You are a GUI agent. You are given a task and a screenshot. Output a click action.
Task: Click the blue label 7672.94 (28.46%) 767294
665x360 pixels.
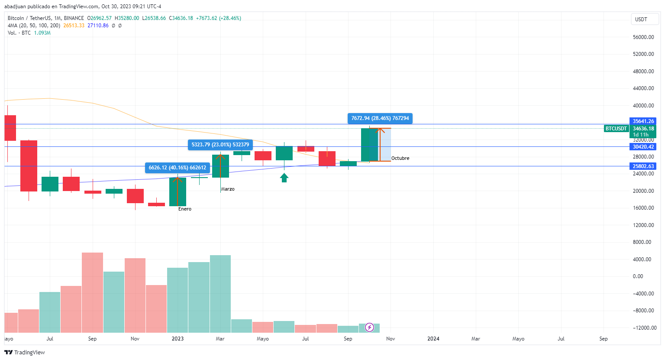pos(380,118)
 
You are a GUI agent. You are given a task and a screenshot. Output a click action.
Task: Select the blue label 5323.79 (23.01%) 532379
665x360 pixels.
pos(220,145)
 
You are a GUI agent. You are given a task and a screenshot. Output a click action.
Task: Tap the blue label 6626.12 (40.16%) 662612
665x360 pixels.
pos(177,168)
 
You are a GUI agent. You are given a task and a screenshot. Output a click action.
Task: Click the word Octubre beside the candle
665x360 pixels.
pos(400,159)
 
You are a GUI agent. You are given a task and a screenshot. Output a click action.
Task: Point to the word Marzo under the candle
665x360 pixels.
pos(228,189)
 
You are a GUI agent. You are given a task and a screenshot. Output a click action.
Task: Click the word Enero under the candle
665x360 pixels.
pos(185,209)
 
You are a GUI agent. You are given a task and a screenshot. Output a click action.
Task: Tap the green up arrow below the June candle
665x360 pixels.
pos(284,178)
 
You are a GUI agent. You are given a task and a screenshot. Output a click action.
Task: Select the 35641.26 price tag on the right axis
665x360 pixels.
pos(643,121)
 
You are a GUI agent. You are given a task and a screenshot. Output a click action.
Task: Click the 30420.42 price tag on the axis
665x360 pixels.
pos(643,147)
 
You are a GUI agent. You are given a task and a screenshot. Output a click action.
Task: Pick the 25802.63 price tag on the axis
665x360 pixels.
pos(643,166)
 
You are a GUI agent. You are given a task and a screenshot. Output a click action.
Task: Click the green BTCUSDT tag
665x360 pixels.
pos(616,129)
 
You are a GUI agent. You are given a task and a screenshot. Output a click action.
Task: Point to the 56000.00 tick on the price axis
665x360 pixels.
pos(643,37)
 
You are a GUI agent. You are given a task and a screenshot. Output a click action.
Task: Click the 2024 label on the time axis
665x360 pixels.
pos(433,339)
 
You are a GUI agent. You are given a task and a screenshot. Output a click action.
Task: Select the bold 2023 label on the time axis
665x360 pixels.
pos(178,339)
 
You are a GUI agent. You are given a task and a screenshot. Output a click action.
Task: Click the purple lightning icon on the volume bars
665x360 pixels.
pos(369,327)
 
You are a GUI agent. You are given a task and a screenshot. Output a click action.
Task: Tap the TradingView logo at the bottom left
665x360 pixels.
pos(25,352)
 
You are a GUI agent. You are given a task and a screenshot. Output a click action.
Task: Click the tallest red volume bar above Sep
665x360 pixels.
pos(92,292)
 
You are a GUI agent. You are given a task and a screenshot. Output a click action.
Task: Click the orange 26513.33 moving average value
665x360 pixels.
pos(74,26)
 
